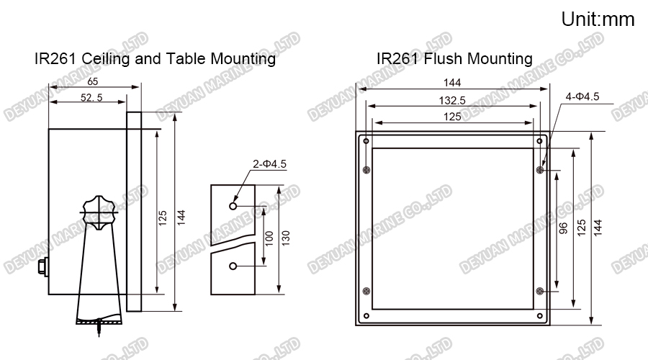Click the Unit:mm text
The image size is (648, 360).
click(598, 19)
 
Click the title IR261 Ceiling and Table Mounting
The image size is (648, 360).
click(155, 58)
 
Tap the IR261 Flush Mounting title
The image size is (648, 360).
click(454, 58)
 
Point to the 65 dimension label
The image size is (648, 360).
click(93, 81)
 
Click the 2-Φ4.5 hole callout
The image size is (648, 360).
click(269, 164)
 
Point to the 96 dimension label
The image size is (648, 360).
click(564, 228)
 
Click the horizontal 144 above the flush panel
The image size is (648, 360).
click(452, 83)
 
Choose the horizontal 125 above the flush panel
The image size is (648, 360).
click(452, 116)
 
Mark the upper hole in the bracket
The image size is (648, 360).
click(233, 205)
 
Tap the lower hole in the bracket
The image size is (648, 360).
click(233, 267)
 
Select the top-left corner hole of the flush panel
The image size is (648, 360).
click(367, 140)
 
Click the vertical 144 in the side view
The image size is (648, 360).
click(182, 215)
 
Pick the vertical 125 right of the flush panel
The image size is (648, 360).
click(581, 228)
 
